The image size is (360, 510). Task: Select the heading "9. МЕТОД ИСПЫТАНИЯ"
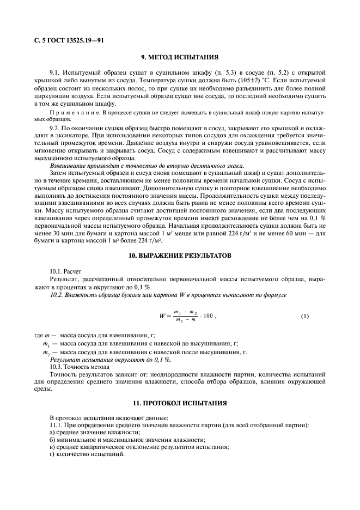180,57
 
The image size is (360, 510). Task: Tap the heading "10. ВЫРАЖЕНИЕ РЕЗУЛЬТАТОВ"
180,255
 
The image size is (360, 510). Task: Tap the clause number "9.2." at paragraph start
57,127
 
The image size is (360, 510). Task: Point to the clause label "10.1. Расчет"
65,271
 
